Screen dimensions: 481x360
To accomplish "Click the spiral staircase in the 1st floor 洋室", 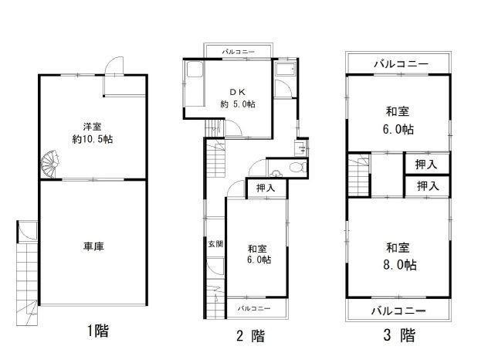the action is pos(49,165).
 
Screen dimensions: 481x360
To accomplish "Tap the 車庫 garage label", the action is pos(94,246).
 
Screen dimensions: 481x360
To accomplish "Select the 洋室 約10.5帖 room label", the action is pos(93,133).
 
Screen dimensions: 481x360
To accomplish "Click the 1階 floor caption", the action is pos(98,331).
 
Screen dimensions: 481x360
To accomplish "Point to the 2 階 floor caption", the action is pos(251,335).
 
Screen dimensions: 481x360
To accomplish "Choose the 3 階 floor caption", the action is pos(399,335).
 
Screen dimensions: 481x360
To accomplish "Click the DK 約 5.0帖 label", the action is pos(238,98).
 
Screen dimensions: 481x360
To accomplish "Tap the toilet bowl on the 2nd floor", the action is pos(296,168).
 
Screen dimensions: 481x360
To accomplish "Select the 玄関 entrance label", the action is pos(215,244).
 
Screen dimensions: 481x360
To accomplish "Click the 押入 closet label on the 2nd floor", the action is pos(266,188).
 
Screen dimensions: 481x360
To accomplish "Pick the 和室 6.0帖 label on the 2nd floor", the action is pos(259,254).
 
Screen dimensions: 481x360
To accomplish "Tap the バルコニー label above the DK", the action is pos(239,52).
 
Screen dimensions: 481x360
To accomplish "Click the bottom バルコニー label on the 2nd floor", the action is pos(254,308).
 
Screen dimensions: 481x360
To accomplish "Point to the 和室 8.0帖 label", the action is pos(399,256).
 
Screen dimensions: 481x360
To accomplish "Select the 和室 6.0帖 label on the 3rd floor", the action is pos(398,121).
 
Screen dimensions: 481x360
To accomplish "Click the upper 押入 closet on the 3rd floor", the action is pos(426,165).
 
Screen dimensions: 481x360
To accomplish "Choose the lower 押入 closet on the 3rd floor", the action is pos(428,185).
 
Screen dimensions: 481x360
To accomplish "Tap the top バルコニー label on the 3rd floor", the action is pos(401,64).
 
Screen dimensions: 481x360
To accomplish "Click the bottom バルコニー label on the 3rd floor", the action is pos(398,311).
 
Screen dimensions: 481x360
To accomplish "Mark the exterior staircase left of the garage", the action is pos(27,284).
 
